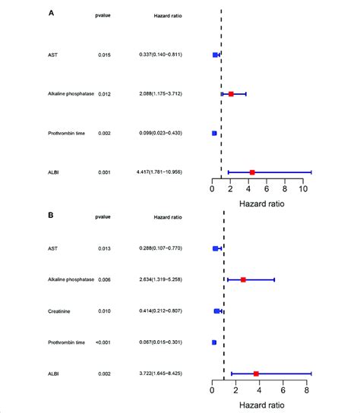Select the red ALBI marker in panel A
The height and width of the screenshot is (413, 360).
252,172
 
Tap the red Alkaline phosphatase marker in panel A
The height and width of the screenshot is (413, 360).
231,94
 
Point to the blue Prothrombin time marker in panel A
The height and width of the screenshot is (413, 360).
214,133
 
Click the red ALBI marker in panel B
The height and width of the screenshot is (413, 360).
256,374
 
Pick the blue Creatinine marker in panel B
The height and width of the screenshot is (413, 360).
217,311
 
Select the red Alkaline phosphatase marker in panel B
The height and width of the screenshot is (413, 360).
243,280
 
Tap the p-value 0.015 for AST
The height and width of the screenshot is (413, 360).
105,55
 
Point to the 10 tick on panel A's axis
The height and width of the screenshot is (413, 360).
303,189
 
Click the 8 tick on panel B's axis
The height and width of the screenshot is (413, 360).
306,390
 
